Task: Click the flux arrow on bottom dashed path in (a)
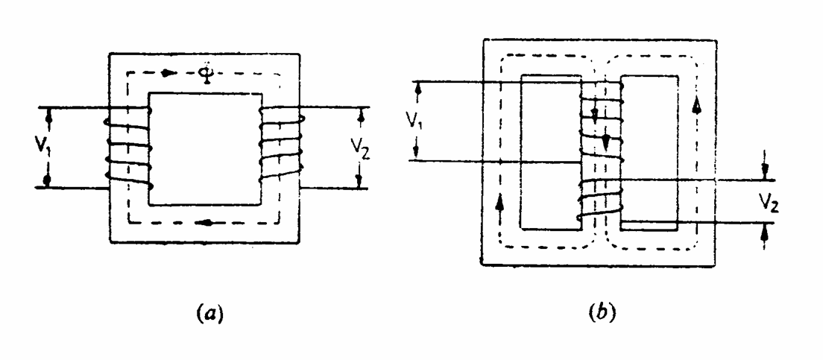[x=213, y=221]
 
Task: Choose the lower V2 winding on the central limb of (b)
[x=601, y=200]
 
